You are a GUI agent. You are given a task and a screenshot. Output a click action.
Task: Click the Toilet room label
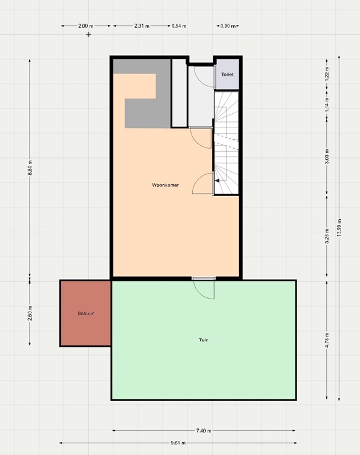point(227,75)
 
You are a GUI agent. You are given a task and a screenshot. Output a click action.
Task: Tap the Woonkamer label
point(165,185)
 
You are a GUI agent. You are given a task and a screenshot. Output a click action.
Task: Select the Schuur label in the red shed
point(85,313)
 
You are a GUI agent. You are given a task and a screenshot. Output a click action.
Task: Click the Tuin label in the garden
point(203,340)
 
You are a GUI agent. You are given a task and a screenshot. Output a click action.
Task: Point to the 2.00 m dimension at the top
point(85,26)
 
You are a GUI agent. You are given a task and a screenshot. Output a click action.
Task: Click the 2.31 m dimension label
point(141,26)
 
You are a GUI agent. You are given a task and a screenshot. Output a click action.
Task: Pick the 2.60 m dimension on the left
point(30,313)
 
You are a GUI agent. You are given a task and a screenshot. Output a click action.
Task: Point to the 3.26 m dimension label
point(327,237)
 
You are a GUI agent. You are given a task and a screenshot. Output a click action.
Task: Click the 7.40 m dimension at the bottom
point(203,431)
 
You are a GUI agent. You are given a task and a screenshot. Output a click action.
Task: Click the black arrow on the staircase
point(218,180)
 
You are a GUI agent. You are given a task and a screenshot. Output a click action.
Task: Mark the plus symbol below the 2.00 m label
point(89,34)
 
